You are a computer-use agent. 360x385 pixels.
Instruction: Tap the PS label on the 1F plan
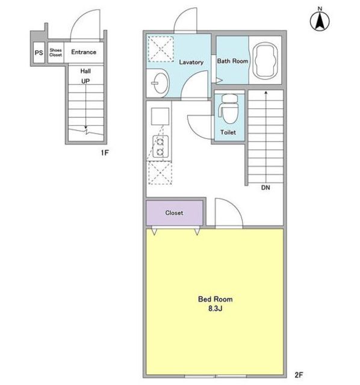(39, 53)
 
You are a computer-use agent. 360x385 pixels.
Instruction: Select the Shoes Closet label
(55, 52)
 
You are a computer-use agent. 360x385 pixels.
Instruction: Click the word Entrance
(84, 52)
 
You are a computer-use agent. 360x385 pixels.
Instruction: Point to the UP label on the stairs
(85, 81)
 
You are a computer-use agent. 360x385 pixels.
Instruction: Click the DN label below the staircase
(265, 188)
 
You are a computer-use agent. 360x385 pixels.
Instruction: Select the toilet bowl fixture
(229, 108)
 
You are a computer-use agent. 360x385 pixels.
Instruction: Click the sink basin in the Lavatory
(160, 83)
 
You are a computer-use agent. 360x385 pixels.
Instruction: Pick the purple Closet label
(174, 212)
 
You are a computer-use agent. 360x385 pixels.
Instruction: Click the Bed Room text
(216, 299)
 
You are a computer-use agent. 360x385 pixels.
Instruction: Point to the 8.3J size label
(216, 309)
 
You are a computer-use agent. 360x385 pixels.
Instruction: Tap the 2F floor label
(299, 375)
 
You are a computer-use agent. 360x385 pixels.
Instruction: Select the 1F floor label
(104, 153)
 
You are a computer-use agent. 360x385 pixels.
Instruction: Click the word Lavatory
(191, 62)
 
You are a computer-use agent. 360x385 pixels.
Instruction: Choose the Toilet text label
(228, 132)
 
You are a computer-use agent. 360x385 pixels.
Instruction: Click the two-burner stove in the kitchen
(161, 147)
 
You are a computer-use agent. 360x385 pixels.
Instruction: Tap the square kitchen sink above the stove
(160, 116)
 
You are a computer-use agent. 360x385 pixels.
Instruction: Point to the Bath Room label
(232, 61)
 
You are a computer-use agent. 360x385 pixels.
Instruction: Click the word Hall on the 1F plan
(85, 71)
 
